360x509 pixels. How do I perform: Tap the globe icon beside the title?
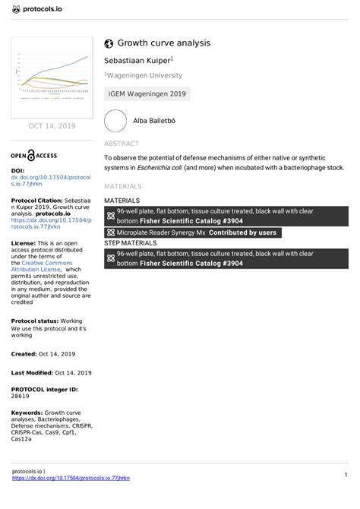click(x=109, y=44)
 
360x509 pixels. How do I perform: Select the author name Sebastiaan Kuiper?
click(x=137, y=59)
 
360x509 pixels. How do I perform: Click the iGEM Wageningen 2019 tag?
click(x=147, y=95)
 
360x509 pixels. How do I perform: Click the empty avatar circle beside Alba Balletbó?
click(x=115, y=122)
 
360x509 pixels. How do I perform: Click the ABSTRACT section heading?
click(x=122, y=144)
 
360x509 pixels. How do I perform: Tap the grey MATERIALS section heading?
click(x=123, y=186)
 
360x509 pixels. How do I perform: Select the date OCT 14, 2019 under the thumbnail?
click(x=51, y=126)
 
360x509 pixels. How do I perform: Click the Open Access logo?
click(x=33, y=154)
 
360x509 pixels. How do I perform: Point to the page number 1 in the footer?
click(x=345, y=475)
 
